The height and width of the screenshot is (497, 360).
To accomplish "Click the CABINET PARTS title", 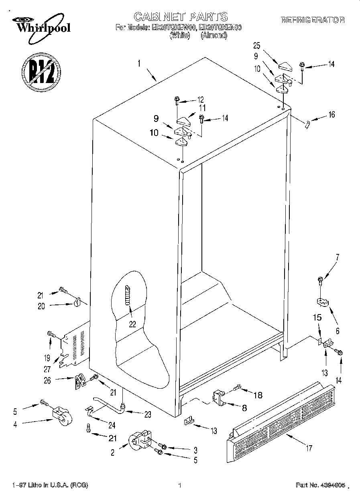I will click(180, 16).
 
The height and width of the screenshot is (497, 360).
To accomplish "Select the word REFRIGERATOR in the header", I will click(312, 20).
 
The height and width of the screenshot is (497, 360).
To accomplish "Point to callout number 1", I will click(139, 63).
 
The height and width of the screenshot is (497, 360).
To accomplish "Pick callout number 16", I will click(331, 115).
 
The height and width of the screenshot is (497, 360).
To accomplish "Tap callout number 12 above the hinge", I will click(200, 100).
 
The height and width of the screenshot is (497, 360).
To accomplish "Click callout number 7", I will click(337, 258).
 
